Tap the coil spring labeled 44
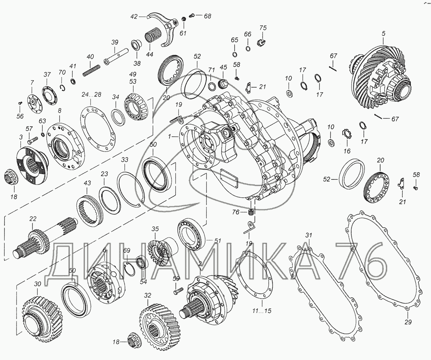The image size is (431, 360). click(x=153, y=36)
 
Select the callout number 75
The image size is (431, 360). click(x=263, y=28)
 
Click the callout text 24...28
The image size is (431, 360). click(x=91, y=94)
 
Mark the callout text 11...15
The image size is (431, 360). click(x=262, y=317)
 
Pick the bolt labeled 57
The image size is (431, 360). click(x=32, y=140)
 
